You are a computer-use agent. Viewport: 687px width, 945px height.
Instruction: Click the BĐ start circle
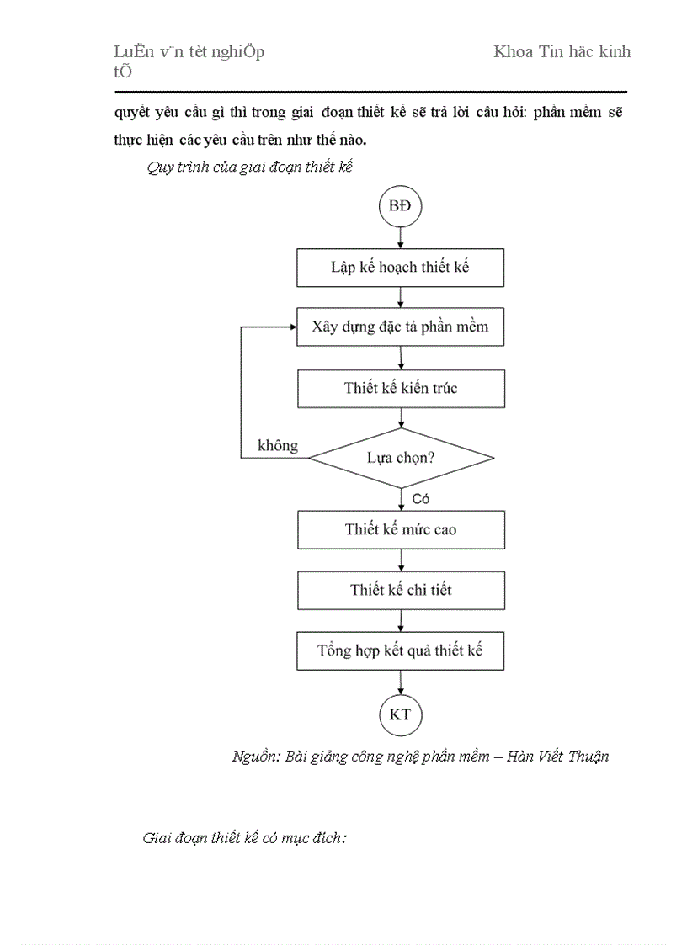[400, 206]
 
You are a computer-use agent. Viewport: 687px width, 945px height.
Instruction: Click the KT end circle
[400, 715]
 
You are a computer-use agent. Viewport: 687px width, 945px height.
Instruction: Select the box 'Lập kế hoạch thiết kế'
[400, 268]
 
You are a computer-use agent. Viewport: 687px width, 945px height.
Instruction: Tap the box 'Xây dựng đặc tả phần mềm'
[400, 327]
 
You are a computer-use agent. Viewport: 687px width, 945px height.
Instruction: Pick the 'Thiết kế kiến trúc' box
[400, 388]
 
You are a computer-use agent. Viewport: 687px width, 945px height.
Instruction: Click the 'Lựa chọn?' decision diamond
[400, 458]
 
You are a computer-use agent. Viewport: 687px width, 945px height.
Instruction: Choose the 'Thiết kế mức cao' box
[400, 529]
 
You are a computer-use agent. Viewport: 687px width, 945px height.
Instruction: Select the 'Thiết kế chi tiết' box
[400, 590]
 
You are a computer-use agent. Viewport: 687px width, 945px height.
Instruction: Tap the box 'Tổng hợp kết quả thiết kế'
[400, 650]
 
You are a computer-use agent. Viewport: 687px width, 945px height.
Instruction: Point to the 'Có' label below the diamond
[421, 499]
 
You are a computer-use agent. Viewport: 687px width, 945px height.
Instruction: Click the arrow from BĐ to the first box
[400, 237]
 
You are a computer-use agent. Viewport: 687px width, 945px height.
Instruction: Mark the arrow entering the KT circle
[400, 682]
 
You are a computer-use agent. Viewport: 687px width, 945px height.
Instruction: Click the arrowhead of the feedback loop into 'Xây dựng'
[291, 327]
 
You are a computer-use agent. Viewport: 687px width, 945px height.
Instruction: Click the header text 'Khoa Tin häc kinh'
[562, 52]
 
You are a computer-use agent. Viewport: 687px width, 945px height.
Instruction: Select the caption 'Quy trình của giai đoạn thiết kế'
[248, 167]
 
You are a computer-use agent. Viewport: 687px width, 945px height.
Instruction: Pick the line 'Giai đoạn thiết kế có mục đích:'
[245, 838]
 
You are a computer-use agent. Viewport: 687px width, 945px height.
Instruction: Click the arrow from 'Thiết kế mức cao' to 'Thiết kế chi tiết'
[400, 560]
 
